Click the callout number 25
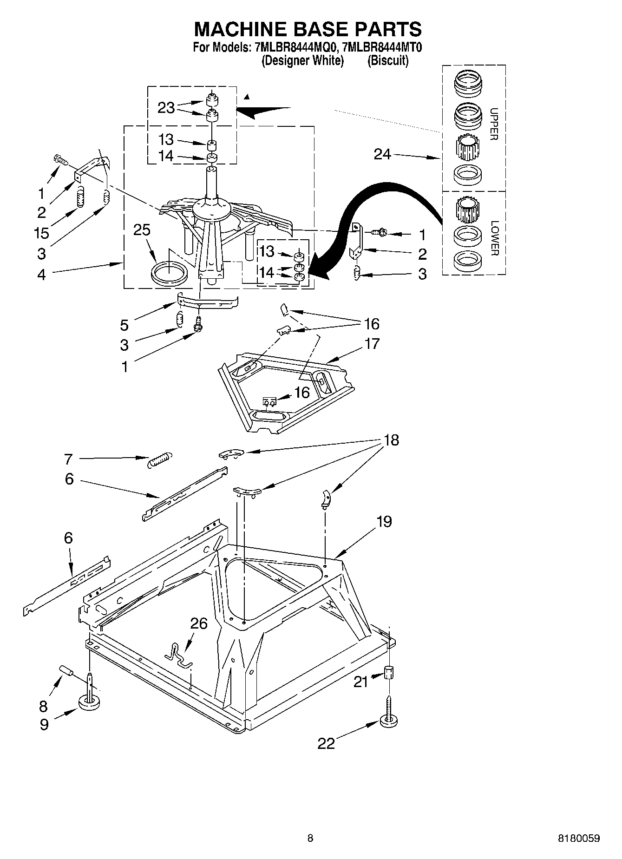pyautogui.click(x=142, y=230)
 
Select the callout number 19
pyautogui.click(x=384, y=522)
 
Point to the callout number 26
pyautogui.click(x=199, y=623)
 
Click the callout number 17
pyautogui.click(x=372, y=344)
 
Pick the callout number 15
pyautogui.click(x=42, y=233)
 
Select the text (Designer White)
pyautogui.click(x=302, y=60)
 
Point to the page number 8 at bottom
pyautogui.click(x=310, y=839)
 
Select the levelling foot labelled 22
pyautogui.click(x=390, y=721)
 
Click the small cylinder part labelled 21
pyautogui.click(x=389, y=672)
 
